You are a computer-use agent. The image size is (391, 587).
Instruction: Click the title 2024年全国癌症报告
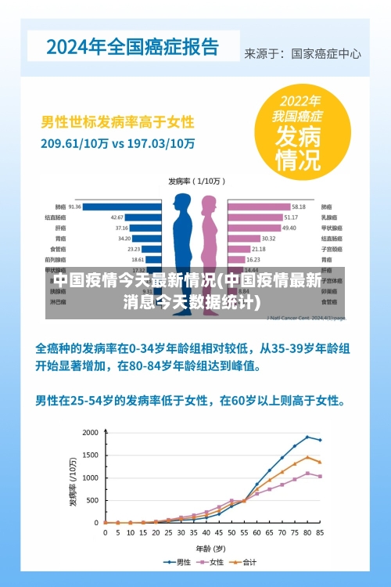(x=132, y=46)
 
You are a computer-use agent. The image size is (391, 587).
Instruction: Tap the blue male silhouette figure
(x=182, y=235)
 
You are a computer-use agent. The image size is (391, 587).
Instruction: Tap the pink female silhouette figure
(x=210, y=235)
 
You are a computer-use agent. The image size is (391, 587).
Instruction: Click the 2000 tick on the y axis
(x=90, y=433)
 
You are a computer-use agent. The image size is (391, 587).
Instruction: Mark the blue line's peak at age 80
(x=307, y=437)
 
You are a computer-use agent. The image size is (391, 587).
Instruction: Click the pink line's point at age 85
(x=320, y=476)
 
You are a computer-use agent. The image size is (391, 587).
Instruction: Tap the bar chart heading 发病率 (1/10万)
(x=195, y=182)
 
